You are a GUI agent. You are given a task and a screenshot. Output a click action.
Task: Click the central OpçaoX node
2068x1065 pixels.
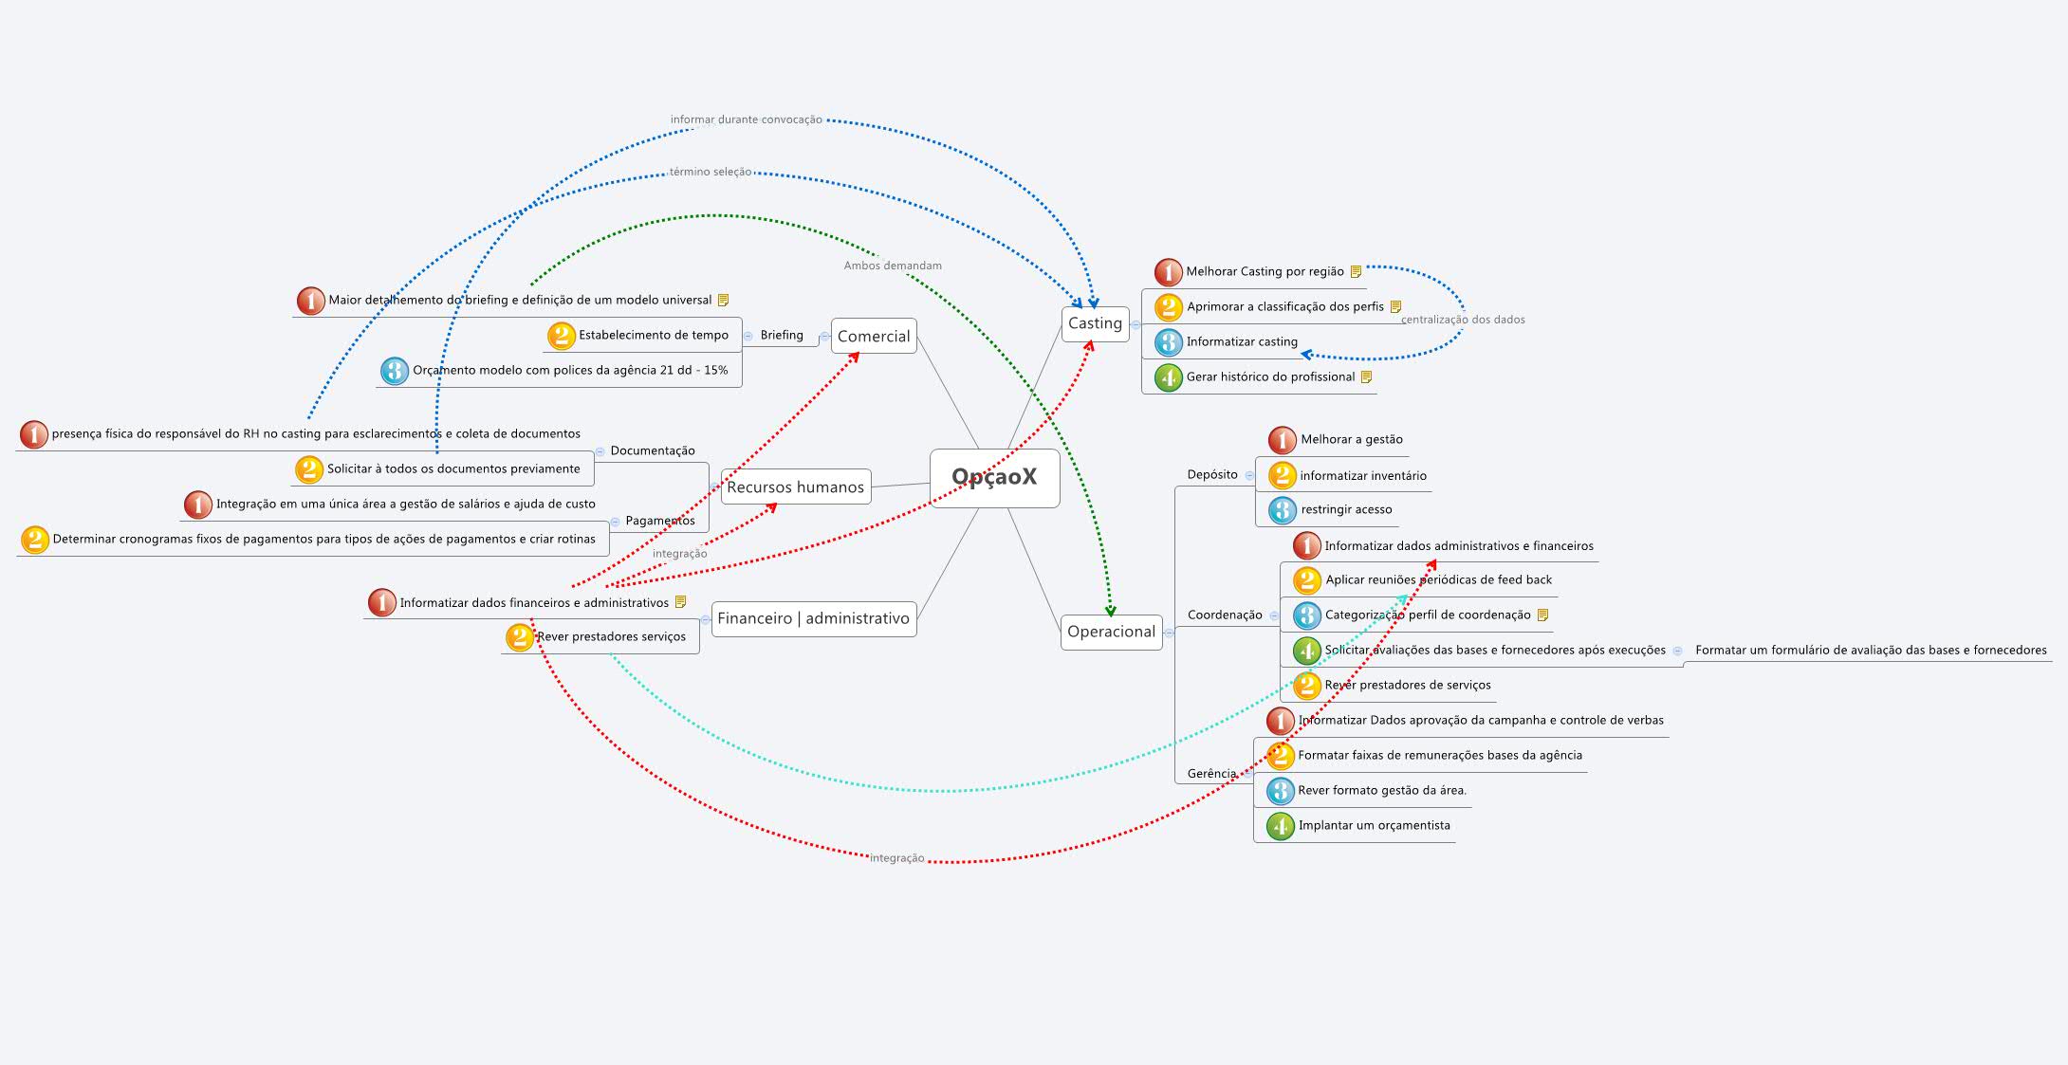pos(994,477)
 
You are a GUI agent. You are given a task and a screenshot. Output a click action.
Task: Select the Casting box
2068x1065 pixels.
pos(1095,323)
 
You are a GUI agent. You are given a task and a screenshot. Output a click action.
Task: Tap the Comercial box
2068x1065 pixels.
pos(874,336)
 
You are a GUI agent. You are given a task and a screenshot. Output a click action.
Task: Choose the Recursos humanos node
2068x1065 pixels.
pos(795,487)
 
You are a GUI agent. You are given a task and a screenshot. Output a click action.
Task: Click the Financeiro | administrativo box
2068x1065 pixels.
pos(813,618)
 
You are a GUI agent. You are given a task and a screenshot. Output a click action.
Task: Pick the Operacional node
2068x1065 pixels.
pos(1111,632)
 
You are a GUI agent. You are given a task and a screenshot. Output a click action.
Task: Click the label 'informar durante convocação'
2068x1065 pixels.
pos(746,119)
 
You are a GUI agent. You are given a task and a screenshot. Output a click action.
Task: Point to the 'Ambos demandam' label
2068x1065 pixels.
pos(893,266)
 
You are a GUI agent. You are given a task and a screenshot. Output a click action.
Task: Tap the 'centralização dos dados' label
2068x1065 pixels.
pos(1463,320)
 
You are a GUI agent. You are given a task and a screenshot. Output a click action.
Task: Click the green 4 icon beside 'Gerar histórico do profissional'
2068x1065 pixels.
pos(1168,377)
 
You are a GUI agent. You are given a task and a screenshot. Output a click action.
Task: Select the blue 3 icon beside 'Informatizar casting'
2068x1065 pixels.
pos(1168,342)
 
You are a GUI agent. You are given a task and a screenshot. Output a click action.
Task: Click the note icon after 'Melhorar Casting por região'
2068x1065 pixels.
pos(1356,272)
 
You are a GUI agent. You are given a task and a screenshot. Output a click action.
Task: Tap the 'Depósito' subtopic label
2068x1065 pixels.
pos(1212,474)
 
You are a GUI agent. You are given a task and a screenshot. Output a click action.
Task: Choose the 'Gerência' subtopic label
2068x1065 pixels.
pos(1211,774)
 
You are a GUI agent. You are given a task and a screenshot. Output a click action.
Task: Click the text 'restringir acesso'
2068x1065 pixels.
pos(1346,509)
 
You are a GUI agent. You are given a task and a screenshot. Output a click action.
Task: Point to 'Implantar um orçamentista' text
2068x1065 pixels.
pos(1374,825)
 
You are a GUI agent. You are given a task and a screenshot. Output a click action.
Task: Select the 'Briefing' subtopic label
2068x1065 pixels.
pos(781,335)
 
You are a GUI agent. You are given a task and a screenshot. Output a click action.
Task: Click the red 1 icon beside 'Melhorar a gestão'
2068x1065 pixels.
pos(1282,440)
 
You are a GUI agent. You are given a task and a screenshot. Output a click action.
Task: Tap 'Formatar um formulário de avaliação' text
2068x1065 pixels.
pos(1870,650)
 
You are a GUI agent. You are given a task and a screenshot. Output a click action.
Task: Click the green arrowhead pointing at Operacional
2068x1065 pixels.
pos(1110,611)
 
